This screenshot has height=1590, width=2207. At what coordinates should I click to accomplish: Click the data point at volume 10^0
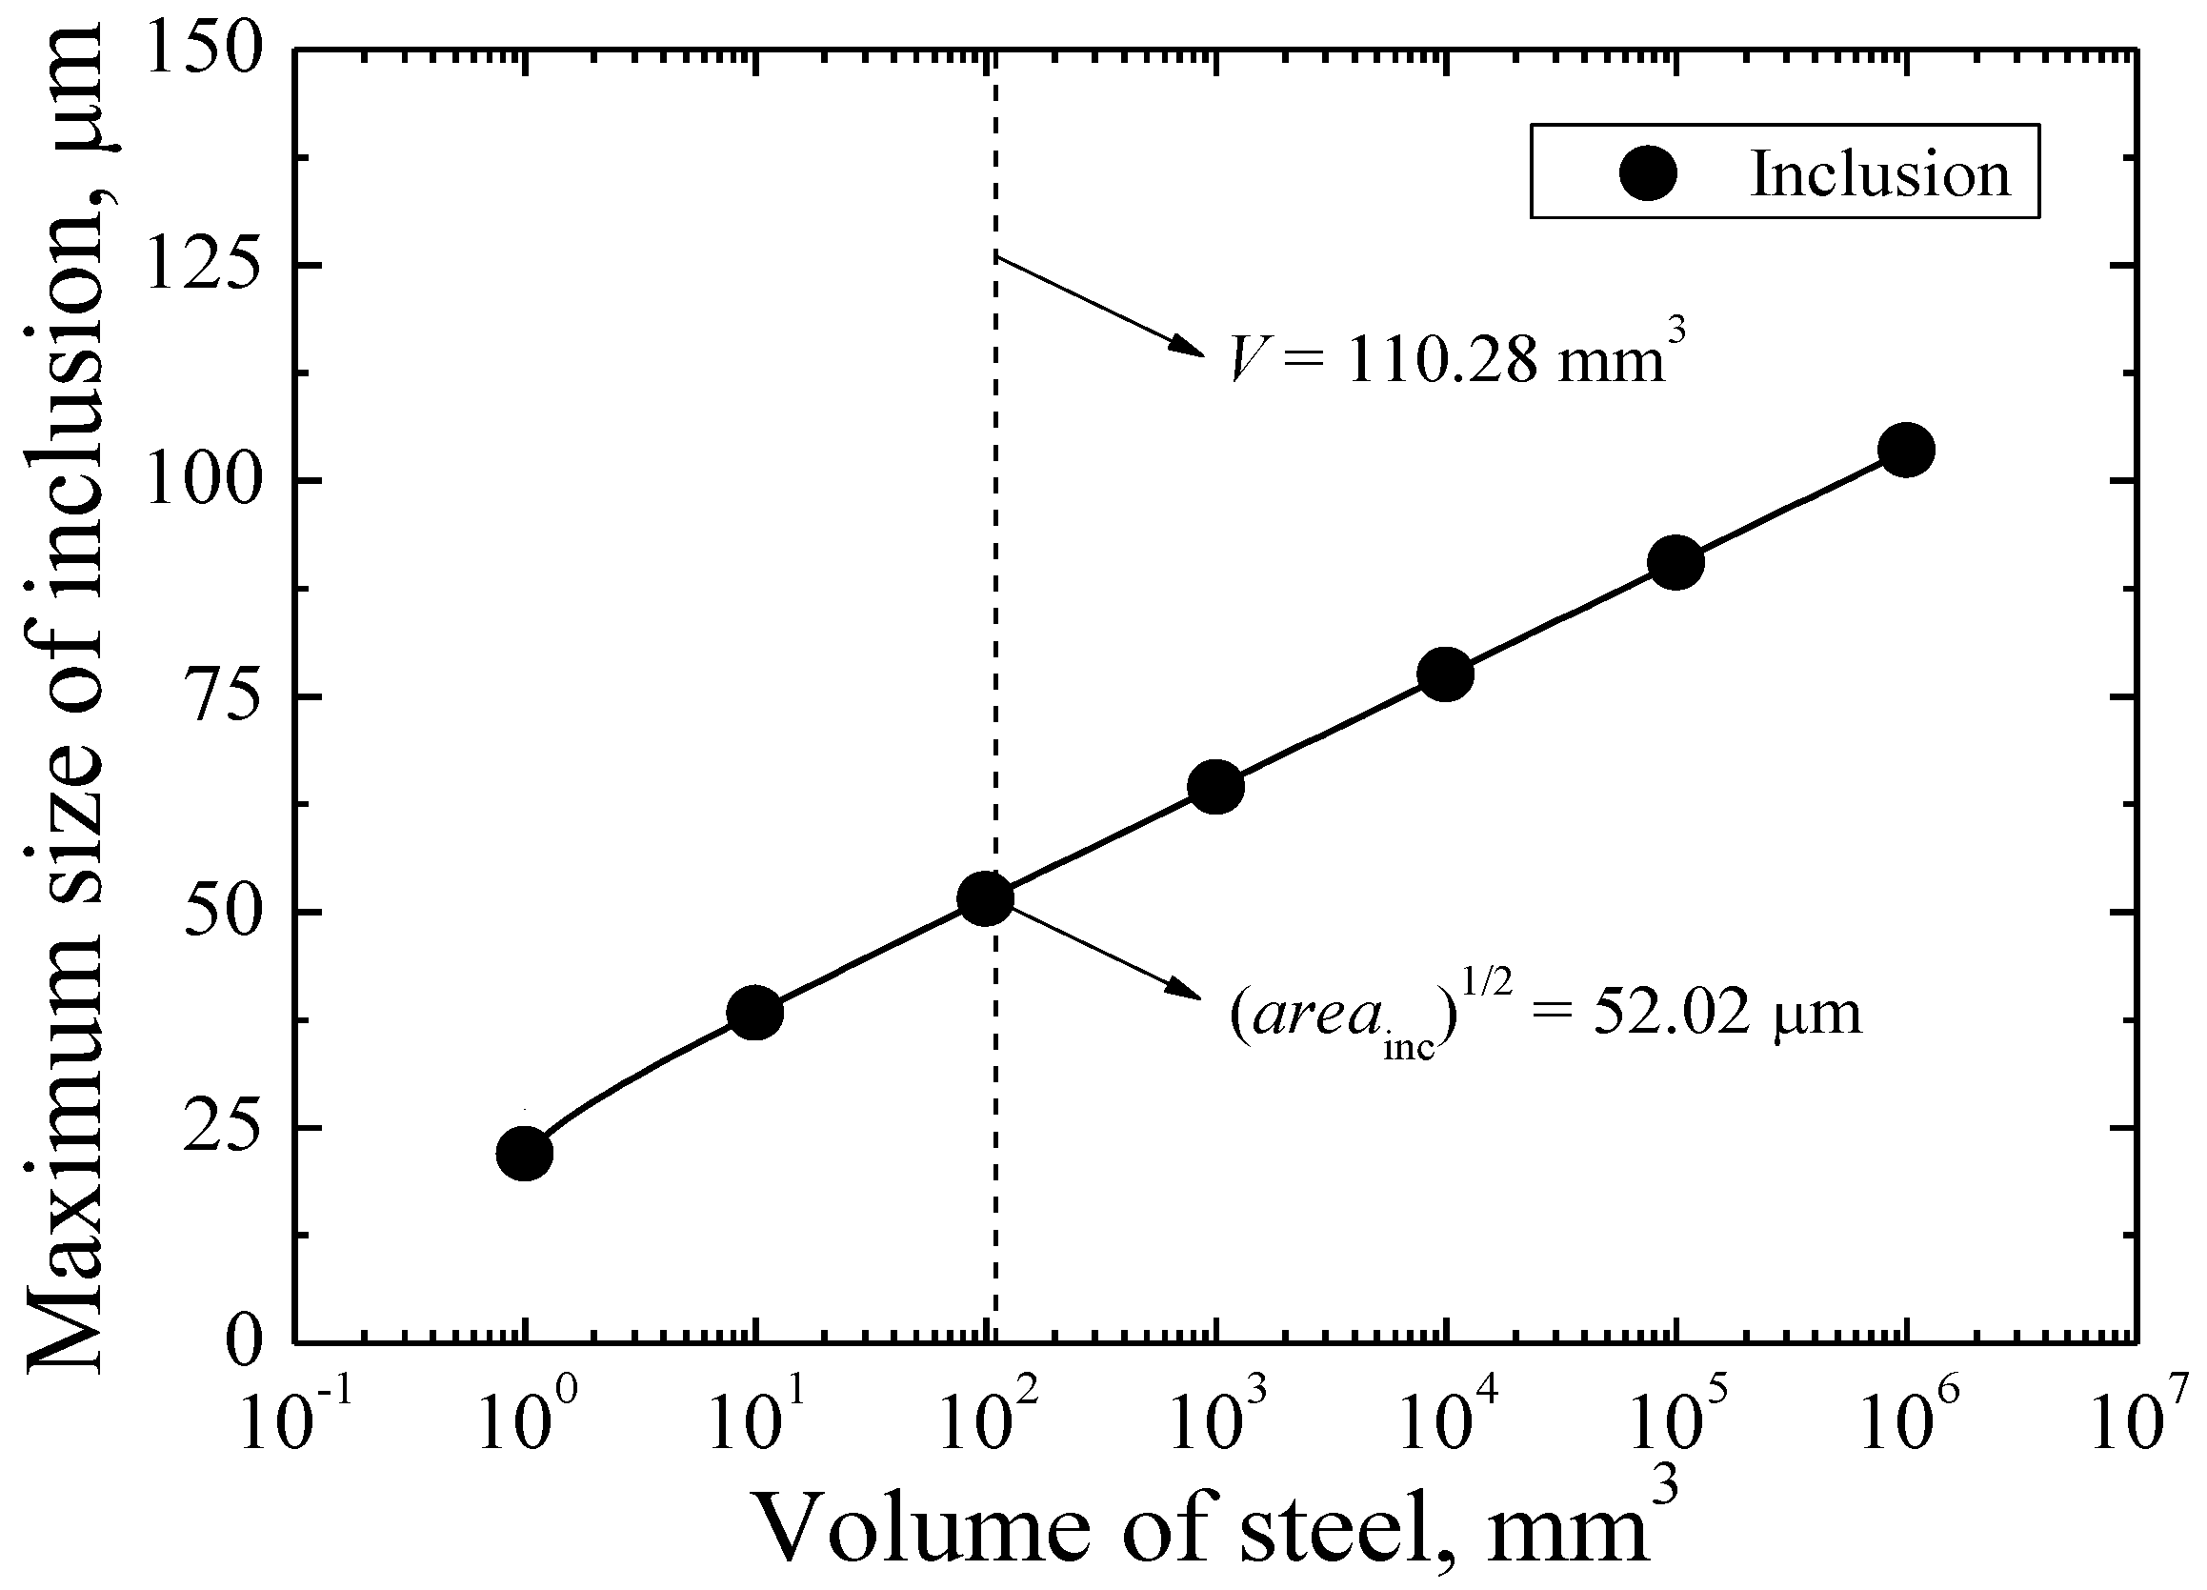525,1153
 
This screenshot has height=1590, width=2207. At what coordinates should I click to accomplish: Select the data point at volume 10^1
755,1013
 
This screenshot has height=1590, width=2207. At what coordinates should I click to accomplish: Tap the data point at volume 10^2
986,898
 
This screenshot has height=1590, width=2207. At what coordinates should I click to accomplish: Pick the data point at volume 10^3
1216,786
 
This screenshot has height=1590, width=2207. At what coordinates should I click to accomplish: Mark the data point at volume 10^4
1446,674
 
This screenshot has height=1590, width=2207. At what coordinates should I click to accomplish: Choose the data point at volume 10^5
1675,562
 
